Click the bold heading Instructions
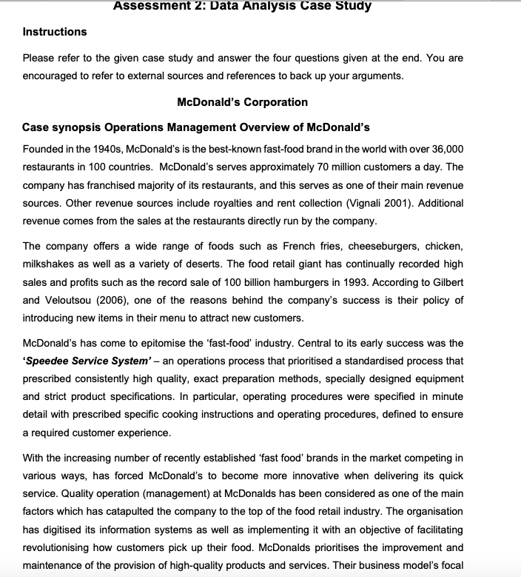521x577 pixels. pyautogui.click(x=55, y=32)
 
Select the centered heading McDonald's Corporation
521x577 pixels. pyautogui.click(x=243, y=101)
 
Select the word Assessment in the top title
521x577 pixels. pyautogui.click(x=156, y=6)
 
